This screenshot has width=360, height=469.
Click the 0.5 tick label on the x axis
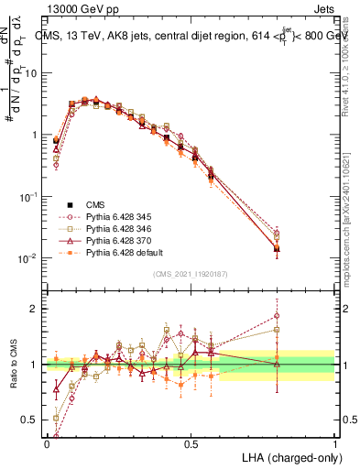coord(191,443)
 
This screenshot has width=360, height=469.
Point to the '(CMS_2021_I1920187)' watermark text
coord(191,274)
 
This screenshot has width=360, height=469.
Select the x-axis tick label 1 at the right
coord(335,443)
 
